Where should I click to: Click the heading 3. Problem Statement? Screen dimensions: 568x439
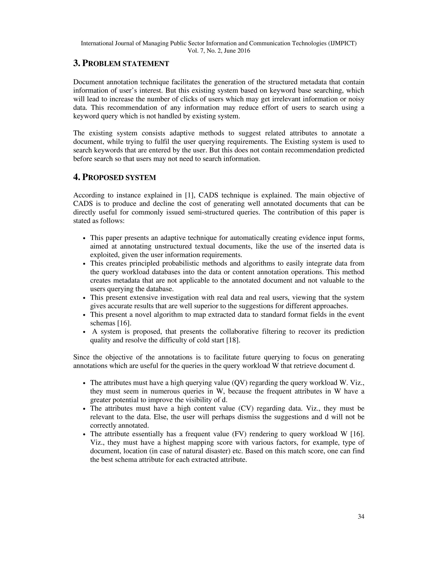[121, 63]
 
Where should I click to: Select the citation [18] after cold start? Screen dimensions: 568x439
[233, 340]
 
